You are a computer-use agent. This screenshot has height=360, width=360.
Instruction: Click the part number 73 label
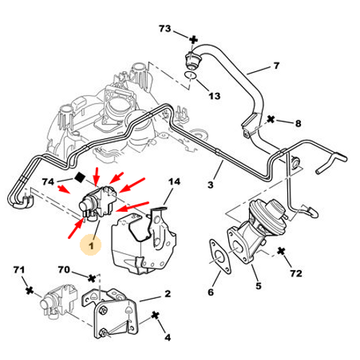point(165,30)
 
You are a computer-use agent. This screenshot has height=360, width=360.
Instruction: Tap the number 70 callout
point(64,271)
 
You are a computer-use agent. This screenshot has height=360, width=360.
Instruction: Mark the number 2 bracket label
point(167,293)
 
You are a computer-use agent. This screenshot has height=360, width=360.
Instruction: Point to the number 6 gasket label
point(211,292)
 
